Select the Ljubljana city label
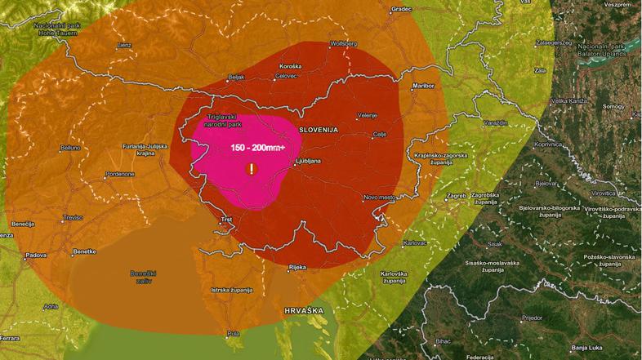pyautogui.click(x=308, y=161)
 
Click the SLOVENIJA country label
pyautogui.click(x=319, y=129)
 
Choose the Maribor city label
pyautogui.click(x=422, y=84)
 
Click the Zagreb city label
pyautogui.click(x=457, y=196)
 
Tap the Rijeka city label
pyautogui.click(x=298, y=266)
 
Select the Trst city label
pyautogui.click(x=227, y=220)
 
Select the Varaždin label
pyautogui.click(x=494, y=122)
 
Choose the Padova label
pyautogui.click(x=36, y=256)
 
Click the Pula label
pyautogui.click(x=234, y=333)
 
